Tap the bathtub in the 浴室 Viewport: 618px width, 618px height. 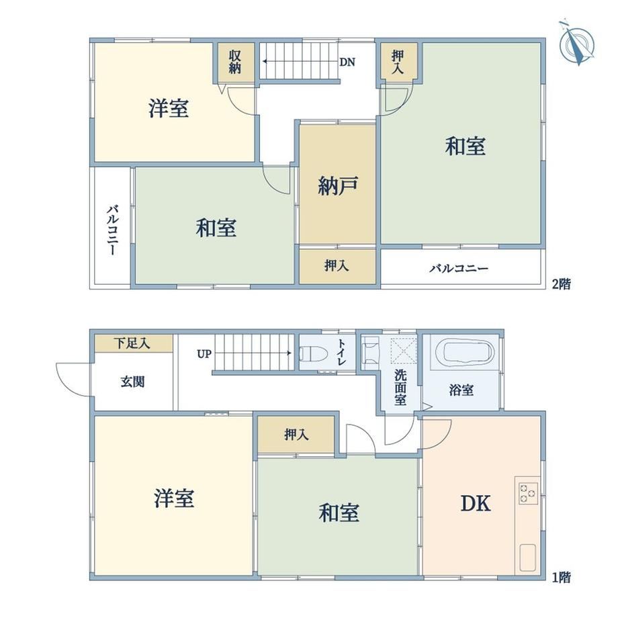click(469, 351)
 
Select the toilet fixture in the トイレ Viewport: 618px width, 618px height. click(314, 353)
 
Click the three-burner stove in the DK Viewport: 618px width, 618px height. click(528, 492)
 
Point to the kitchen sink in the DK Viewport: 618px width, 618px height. click(527, 558)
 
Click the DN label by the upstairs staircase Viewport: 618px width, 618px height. click(347, 62)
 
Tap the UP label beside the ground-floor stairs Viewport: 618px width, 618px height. click(204, 354)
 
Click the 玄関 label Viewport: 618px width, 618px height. click(133, 382)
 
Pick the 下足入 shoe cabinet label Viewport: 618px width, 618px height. click(132, 343)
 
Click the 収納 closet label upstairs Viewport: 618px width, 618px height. click(235, 62)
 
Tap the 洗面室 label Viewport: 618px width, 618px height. click(400, 387)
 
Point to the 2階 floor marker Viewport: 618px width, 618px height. click(562, 283)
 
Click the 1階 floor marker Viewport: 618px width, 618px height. click(561, 578)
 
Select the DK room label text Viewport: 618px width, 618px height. click(476, 504)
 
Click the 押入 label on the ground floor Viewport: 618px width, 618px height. click(296, 435)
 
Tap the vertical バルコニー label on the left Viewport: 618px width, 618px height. click(112, 230)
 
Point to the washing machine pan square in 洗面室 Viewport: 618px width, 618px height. click(403, 350)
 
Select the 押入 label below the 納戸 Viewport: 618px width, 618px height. click(337, 265)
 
